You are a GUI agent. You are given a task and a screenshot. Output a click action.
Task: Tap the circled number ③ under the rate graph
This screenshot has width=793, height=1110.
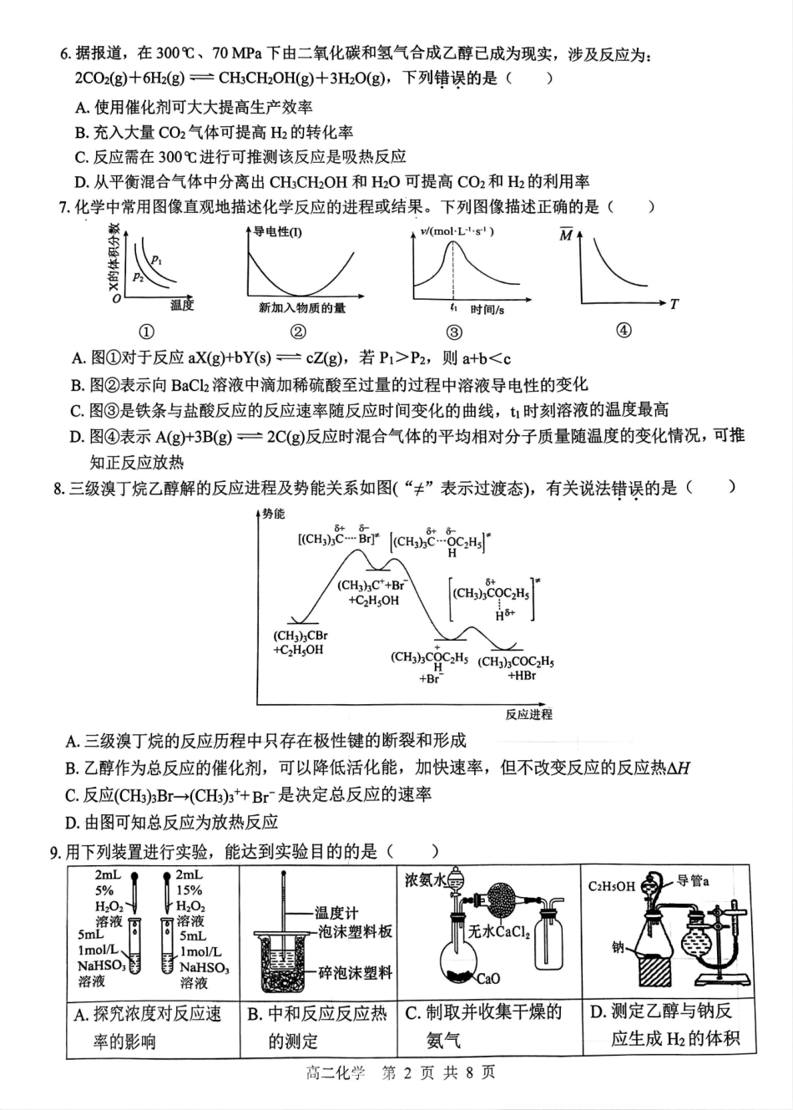pyautogui.click(x=454, y=332)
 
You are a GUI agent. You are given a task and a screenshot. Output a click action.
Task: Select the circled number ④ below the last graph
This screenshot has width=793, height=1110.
pyautogui.click(x=623, y=330)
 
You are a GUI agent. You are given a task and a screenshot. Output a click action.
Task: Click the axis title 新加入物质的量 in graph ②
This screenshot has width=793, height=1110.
pyautogui.click(x=301, y=308)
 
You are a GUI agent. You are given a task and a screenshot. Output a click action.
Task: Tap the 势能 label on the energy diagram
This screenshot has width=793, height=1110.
pyautogui.click(x=273, y=514)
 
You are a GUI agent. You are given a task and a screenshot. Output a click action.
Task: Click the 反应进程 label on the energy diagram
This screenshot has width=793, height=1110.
pyautogui.click(x=528, y=714)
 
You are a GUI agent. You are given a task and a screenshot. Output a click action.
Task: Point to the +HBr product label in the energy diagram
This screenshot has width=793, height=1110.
pyautogui.click(x=522, y=676)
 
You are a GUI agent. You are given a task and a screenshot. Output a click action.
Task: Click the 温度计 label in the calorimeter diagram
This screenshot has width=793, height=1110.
pyautogui.click(x=336, y=914)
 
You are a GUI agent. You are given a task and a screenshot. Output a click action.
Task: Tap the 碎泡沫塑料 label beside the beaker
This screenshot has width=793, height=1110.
pyautogui.click(x=355, y=973)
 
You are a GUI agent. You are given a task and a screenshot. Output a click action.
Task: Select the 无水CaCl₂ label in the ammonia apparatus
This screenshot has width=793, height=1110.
pyautogui.click(x=498, y=931)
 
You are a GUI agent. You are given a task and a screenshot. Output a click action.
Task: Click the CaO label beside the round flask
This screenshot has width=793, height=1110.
pyautogui.click(x=488, y=978)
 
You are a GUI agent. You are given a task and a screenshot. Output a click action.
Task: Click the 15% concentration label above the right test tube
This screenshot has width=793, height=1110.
pyautogui.click(x=188, y=891)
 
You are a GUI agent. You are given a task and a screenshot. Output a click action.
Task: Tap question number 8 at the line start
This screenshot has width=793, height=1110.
pyautogui.click(x=58, y=489)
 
